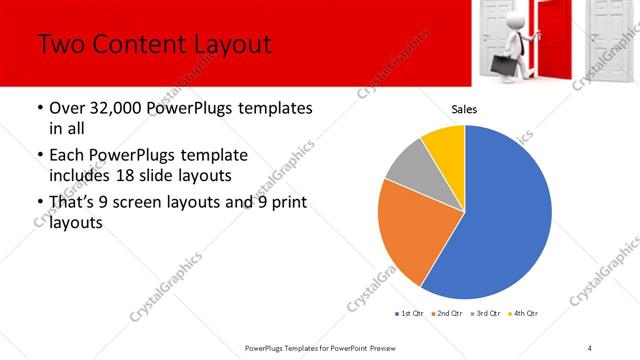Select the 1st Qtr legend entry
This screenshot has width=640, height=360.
[408, 314]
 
